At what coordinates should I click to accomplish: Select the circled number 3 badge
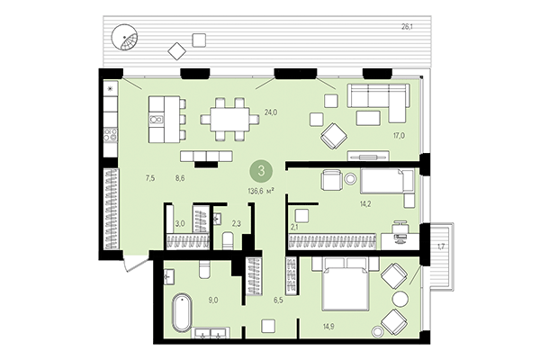coord(262,169)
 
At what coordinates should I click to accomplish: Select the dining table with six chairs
coord(226,118)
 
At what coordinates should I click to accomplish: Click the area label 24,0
coord(270,112)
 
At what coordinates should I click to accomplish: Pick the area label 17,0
coord(398,136)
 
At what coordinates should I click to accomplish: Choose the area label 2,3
coord(236,224)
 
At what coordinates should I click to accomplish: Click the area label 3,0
coord(180,224)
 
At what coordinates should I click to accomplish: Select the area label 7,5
coord(149,179)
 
